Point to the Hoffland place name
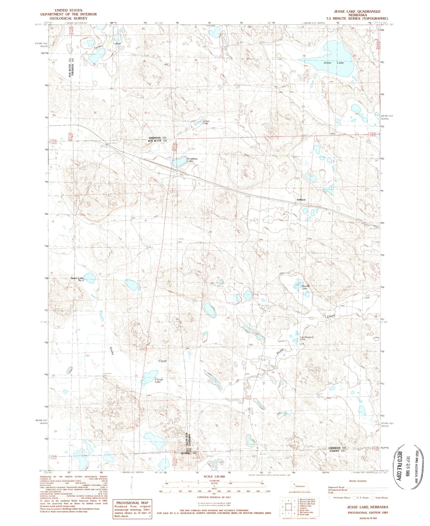coord(301,200)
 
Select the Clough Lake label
coord(159,381)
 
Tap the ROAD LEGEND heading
coord(358,481)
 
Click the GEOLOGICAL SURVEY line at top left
coord(68,18)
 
